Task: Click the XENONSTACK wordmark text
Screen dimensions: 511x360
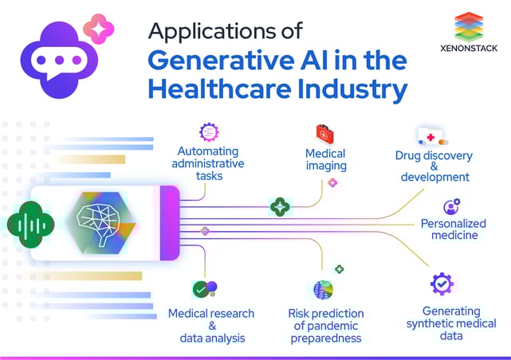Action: [469, 48]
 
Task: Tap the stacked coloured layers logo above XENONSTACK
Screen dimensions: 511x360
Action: [469, 27]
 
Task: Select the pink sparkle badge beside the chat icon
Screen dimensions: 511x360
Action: [99, 29]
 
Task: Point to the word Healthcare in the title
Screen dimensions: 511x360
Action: [220, 89]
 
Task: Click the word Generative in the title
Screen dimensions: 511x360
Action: [221, 61]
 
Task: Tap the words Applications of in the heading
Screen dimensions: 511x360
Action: [226, 32]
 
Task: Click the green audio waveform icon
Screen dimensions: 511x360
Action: [30, 225]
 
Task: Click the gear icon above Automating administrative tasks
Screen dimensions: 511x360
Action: [209, 132]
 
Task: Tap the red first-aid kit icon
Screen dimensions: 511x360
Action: [325, 134]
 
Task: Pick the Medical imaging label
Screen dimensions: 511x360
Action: [326, 159]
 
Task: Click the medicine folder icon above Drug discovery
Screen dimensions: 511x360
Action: [433, 136]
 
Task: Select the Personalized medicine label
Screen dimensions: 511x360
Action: [454, 229]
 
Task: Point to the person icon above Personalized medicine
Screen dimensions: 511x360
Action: [452, 206]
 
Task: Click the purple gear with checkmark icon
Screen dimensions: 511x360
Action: [442, 284]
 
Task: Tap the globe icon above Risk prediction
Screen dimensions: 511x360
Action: [324, 290]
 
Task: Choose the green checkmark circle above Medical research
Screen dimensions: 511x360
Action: [201, 290]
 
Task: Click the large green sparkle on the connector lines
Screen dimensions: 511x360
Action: [280, 207]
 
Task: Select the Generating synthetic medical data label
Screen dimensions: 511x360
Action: [451, 323]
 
